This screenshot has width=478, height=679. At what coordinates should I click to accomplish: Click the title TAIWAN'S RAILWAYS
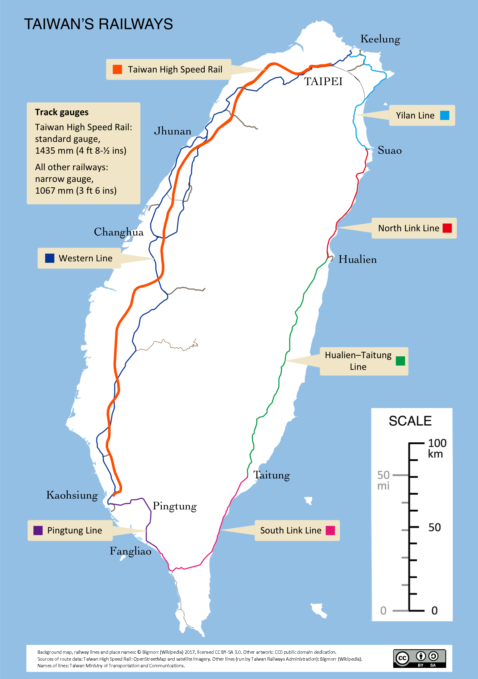(98, 24)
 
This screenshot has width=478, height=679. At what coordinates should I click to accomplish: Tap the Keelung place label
(380, 39)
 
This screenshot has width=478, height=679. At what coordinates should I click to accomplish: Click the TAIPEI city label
(323, 81)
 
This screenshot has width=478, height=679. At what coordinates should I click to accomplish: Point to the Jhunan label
(172, 131)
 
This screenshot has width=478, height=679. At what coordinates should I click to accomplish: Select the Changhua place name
(119, 232)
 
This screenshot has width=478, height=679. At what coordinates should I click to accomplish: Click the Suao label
(389, 150)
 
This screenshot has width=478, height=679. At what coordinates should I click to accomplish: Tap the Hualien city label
(357, 259)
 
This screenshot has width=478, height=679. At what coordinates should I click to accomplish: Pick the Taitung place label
(271, 475)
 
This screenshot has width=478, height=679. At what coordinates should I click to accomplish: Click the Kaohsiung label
(72, 495)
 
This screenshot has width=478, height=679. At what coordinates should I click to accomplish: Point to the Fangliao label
(130, 551)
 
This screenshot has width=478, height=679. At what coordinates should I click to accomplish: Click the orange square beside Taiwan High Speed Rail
(117, 69)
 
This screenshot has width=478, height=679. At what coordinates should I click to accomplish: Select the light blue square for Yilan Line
(445, 115)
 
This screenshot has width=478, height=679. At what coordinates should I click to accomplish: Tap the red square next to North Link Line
(447, 228)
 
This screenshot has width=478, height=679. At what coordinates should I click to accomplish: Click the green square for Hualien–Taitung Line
(400, 361)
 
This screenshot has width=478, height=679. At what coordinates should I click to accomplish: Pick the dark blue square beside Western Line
(50, 258)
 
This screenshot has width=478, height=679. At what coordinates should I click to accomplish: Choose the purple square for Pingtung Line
(38, 530)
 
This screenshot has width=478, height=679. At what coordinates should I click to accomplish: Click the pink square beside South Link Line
(330, 530)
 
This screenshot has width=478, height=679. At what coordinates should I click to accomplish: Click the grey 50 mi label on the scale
(383, 480)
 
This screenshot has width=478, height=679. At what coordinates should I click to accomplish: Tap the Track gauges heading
(62, 112)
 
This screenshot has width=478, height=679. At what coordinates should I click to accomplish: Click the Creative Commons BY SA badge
(419, 659)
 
